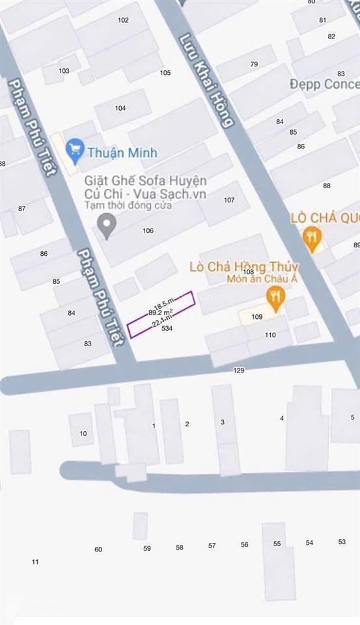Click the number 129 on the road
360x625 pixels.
click(239, 370)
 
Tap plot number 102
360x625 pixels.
click(123, 20)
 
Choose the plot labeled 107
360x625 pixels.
click(228, 201)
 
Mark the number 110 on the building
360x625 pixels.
click(270, 335)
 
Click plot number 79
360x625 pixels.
click(254, 64)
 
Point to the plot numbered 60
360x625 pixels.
click(98, 549)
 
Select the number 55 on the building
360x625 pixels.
click(277, 544)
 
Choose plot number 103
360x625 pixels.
click(64, 71)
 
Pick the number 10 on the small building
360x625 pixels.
click(83, 434)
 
